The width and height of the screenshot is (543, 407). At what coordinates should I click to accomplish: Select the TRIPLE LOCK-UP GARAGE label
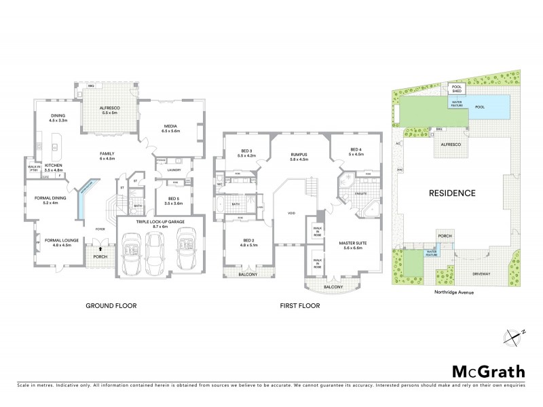[160, 221]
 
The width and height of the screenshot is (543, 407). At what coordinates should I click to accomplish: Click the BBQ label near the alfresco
[81, 87]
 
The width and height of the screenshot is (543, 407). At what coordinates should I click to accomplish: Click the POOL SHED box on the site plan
[456, 88]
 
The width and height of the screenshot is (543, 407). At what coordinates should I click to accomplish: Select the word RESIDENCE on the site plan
[452, 193]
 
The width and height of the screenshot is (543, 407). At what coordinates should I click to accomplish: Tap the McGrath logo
[488, 370]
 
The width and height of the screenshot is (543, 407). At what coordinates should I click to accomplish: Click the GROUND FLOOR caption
[111, 305]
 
